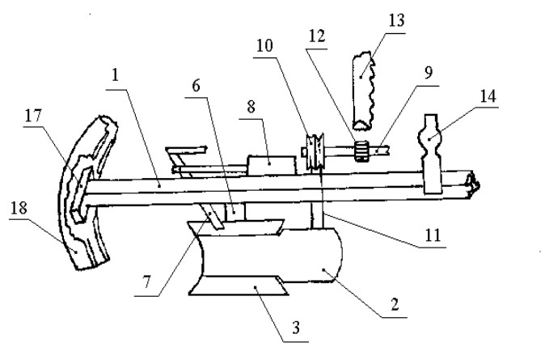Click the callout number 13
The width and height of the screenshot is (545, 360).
pyautogui.click(x=396, y=20)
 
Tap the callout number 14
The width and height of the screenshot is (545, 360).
pyautogui.click(x=488, y=96)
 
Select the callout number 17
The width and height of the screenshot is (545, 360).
pyautogui.click(x=33, y=116)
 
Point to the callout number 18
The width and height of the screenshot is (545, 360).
pyautogui.click(x=19, y=209)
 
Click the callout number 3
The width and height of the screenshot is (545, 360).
pyautogui.click(x=296, y=328)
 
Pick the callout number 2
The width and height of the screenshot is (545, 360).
pyautogui.click(x=395, y=305)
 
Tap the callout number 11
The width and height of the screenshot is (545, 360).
pyautogui.click(x=433, y=235)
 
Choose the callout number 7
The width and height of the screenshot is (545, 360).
pyautogui.click(x=147, y=282)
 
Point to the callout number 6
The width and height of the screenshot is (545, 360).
pyautogui.click(x=196, y=86)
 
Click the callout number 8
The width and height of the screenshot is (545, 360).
pyautogui.click(x=251, y=107)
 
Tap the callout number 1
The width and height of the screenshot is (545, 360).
pyautogui.click(x=116, y=75)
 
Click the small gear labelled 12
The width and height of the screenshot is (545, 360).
pyautogui.click(x=361, y=151)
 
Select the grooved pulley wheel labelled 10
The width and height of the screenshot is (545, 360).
pyautogui.click(x=315, y=151)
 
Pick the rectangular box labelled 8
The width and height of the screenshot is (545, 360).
pyautogui.click(x=272, y=165)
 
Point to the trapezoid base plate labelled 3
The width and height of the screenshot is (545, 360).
pyautogui.click(x=239, y=286)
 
